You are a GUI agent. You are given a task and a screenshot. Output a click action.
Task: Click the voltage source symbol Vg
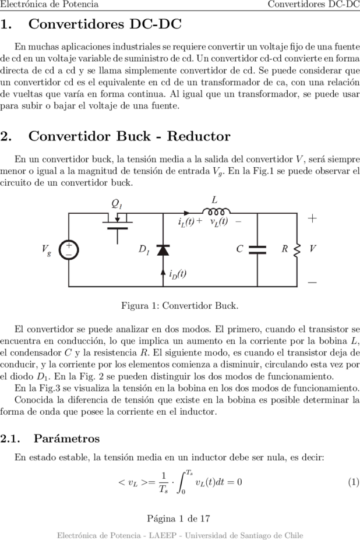click(69, 250)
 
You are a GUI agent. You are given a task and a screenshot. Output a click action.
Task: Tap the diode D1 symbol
click(163, 250)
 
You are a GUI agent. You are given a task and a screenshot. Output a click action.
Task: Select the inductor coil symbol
click(216, 211)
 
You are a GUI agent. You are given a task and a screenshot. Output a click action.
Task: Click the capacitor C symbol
click(257, 250)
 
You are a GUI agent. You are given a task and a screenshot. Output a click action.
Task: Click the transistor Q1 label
click(117, 204)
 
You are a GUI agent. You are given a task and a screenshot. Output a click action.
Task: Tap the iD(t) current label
click(178, 274)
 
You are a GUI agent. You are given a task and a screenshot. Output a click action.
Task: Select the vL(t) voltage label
click(219, 221)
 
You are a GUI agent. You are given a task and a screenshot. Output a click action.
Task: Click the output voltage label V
click(312, 248)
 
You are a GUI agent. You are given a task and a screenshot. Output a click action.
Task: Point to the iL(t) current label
click(186, 222)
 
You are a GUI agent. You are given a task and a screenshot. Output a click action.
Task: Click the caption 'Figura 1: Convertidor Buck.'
click(180, 306)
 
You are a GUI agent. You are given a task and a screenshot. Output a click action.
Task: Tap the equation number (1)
click(354, 482)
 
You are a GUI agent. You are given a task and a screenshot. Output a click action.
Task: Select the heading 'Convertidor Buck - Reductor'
click(129, 136)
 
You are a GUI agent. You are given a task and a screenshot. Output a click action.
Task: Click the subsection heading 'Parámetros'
click(66, 439)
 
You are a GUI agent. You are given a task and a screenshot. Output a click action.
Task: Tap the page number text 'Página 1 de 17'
click(178, 518)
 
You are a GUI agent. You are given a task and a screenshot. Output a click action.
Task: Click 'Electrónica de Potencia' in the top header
click(50, 4)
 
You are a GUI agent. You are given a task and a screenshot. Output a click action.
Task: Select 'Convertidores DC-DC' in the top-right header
click(314, 4)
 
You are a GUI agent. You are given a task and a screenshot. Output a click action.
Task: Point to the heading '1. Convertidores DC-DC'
click(91, 24)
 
